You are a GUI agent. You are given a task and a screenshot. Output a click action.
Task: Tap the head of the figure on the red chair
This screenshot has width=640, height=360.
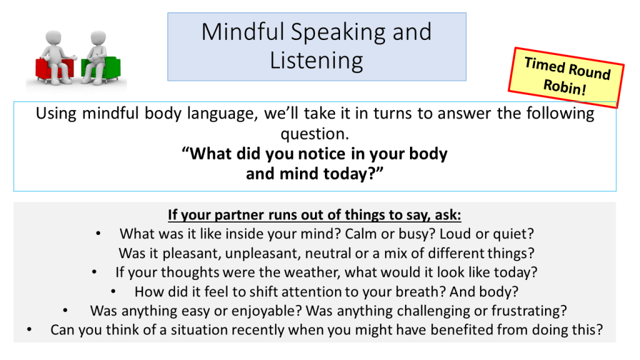(x=53, y=37)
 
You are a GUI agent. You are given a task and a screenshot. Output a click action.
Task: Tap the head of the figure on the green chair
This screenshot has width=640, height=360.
(x=98, y=37)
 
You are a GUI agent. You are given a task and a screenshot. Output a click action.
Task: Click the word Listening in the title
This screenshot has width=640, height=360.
(x=316, y=61)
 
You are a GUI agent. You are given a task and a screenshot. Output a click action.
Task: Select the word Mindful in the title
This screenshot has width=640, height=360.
(x=243, y=32)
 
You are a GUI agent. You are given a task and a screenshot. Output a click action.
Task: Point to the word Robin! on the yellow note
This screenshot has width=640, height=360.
(x=564, y=86)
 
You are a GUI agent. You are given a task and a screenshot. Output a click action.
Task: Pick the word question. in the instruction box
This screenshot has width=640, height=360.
(x=315, y=134)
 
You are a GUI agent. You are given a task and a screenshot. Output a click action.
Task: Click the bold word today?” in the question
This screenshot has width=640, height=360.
(x=354, y=174)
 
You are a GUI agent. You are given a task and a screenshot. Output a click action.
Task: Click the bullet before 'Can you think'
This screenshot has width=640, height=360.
(x=29, y=330)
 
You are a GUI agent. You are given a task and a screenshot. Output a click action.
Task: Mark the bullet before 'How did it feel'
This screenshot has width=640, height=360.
(x=113, y=291)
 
